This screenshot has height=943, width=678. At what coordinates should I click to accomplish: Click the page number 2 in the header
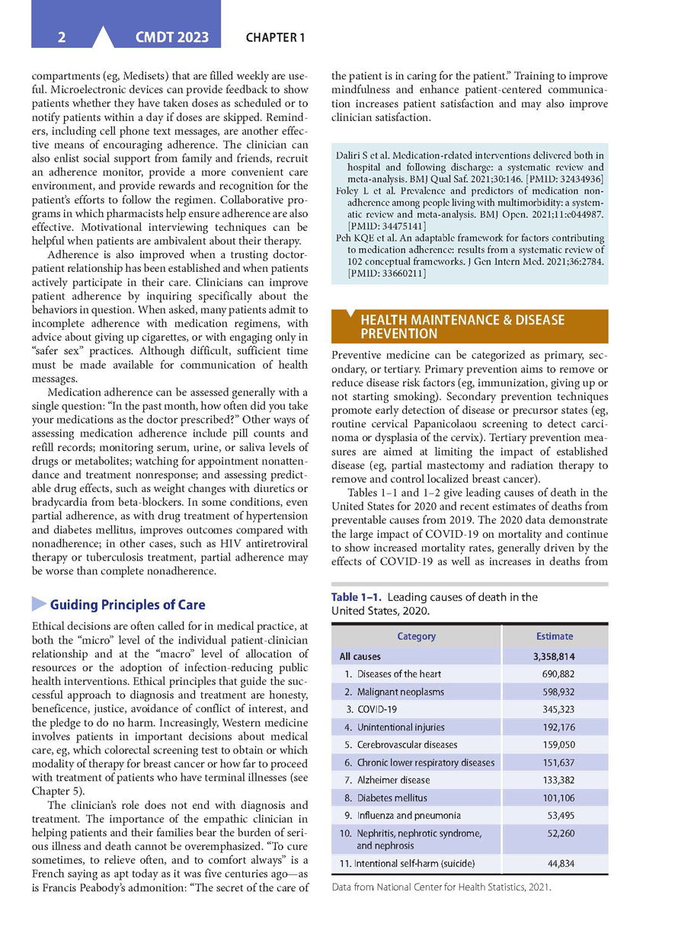61,37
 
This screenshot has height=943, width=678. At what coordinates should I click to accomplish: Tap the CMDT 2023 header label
172,37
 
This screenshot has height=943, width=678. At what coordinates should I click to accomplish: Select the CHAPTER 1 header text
275,37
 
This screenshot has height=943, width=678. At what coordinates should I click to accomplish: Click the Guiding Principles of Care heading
127,605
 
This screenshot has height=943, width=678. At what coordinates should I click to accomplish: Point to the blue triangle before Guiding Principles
39,604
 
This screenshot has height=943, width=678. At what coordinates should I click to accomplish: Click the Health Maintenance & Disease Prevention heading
462,327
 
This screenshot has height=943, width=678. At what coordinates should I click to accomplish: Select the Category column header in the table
417,636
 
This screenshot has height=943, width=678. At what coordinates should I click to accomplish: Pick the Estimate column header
555,636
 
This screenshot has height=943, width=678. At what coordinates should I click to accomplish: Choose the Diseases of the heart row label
398,674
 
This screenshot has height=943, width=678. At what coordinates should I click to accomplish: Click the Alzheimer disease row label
393,780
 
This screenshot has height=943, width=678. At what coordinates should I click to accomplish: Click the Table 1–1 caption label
357,597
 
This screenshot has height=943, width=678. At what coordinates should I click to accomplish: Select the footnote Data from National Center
441,887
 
